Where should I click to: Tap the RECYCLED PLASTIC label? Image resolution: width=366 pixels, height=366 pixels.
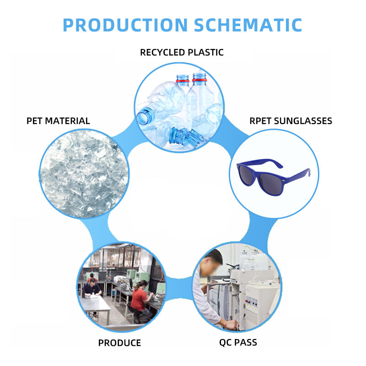point(182,52)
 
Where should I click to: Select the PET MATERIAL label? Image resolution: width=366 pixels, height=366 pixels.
point(58,121)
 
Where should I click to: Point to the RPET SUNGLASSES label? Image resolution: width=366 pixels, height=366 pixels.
point(291,121)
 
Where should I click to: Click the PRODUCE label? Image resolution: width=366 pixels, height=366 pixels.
point(119,343)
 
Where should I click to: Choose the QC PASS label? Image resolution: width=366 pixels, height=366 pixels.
point(238,342)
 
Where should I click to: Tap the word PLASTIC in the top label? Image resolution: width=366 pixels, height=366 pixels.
point(205,52)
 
